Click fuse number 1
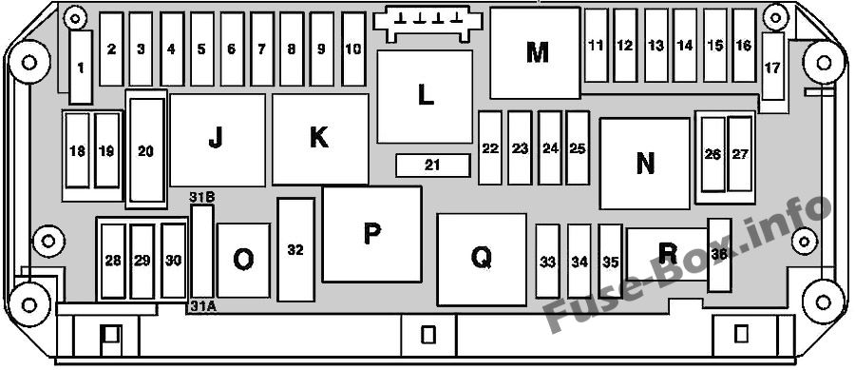click(82, 68)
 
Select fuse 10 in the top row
click(353, 49)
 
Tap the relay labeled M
click(535, 53)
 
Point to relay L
click(425, 97)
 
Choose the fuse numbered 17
click(772, 67)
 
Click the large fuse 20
click(146, 150)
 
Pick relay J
click(218, 140)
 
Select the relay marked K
click(320, 139)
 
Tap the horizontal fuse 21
click(433, 166)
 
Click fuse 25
click(578, 147)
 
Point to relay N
click(645, 164)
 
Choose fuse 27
click(740, 154)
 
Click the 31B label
click(201, 198)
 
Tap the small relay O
click(243, 261)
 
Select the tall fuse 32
click(295, 250)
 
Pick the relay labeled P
click(371, 234)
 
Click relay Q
click(482, 260)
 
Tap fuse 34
click(579, 262)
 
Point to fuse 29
click(142, 262)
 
